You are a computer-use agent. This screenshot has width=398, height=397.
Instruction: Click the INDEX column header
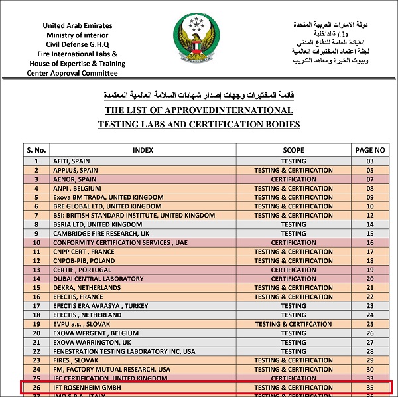(x=143, y=150)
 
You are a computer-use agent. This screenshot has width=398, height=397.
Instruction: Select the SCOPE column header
(x=293, y=150)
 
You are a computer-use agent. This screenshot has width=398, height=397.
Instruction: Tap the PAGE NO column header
(x=370, y=150)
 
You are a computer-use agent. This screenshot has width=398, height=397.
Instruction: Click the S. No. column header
(x=36, y=150)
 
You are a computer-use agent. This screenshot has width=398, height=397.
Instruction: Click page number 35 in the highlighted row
(x=370, y=387)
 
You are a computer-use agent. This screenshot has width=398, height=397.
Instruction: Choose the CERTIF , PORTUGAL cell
(x=81, y=270)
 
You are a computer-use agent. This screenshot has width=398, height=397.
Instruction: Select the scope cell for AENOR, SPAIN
(x=293, y=179)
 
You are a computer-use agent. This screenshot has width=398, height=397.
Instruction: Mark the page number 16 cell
(x=370, y=242)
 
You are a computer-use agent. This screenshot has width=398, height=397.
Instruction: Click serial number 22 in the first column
(x=36, y=351)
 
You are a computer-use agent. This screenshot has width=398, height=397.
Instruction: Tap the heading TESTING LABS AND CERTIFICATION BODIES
(x=199, y=124)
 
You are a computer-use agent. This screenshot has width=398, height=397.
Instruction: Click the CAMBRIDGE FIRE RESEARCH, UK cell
(x=101, y=234)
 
